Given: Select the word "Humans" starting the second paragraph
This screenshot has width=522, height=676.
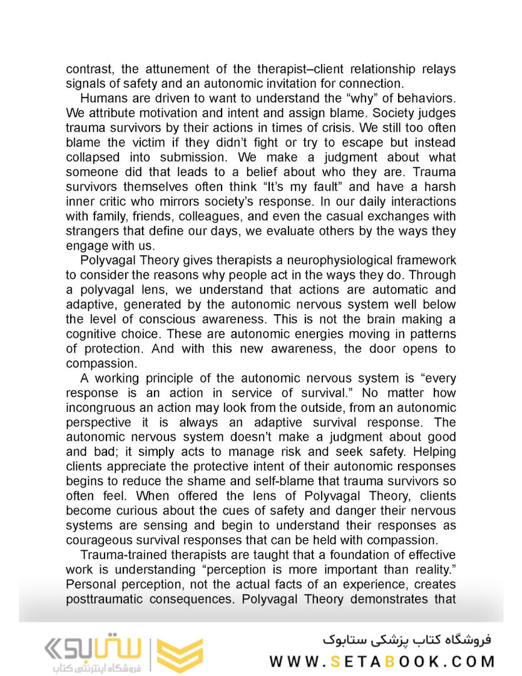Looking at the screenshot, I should pos(103,98).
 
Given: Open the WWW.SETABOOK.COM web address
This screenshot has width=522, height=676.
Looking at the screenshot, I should pos(382,661).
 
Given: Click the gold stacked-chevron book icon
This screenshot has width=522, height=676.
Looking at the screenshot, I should pos(180,655).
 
